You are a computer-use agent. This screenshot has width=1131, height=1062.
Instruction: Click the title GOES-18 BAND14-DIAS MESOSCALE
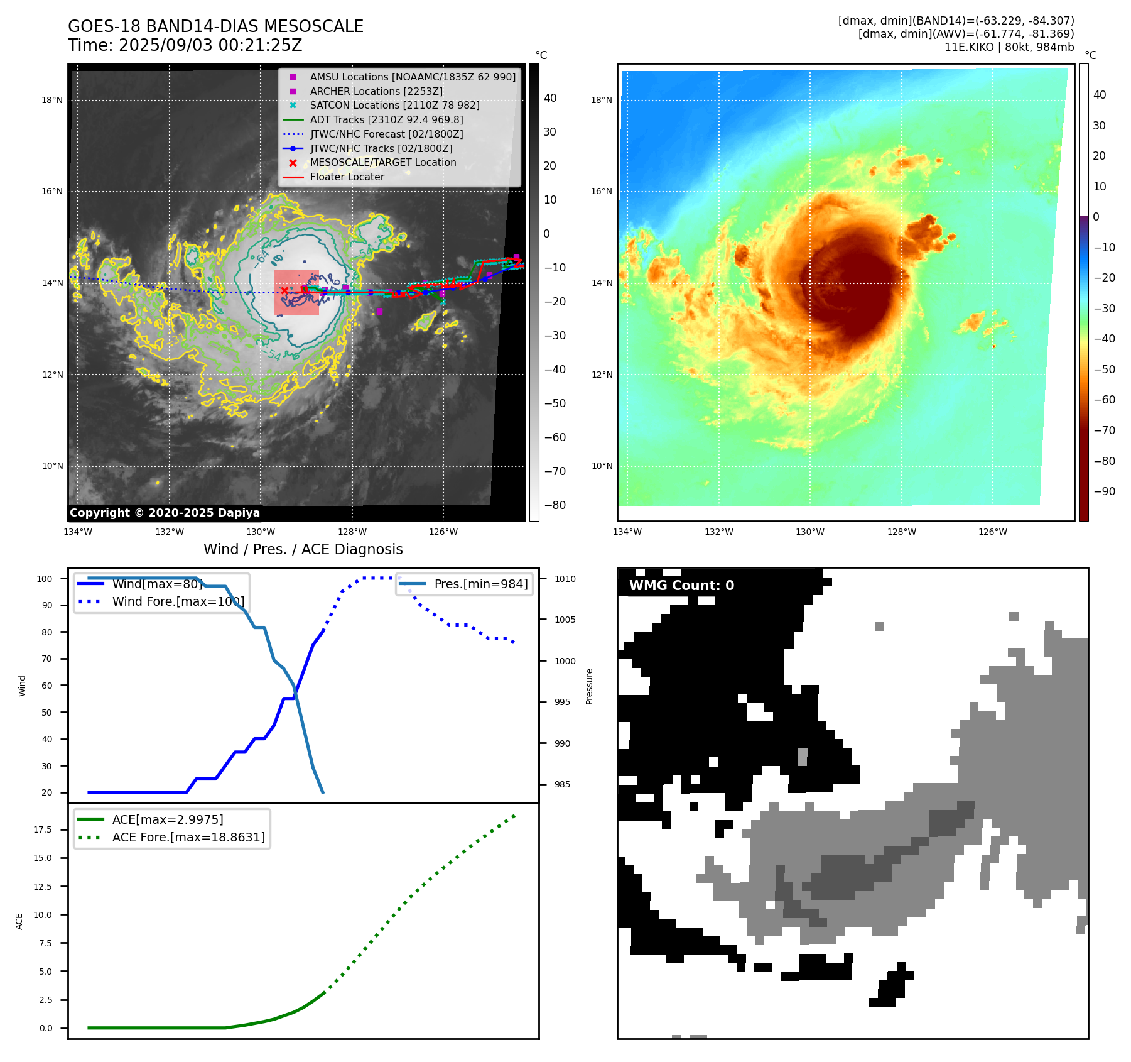point(215,26)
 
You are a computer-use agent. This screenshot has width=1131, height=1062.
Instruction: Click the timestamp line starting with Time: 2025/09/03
point(185,45)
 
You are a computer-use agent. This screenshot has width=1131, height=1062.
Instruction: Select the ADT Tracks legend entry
point(386,119)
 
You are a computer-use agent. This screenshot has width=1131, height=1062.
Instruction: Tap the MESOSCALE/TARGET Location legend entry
point(382,162)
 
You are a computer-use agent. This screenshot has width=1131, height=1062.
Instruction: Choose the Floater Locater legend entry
point(347,177)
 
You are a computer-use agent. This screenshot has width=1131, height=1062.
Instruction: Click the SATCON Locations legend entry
point(394,105)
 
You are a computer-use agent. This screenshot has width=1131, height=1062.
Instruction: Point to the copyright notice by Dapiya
point(165,513)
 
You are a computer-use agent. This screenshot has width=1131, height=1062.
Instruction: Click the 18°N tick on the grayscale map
point(52,100)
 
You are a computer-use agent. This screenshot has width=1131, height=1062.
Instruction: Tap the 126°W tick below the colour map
point(992,532)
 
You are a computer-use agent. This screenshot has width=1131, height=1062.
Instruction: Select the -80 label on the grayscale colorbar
point(555,505)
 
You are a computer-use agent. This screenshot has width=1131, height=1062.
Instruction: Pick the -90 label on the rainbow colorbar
point(1105,491)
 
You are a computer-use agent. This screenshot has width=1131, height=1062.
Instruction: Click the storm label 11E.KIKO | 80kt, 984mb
point(1009,47)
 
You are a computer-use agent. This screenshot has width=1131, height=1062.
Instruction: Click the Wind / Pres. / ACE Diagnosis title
point(303,549)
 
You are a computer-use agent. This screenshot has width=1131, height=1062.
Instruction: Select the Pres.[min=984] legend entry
point(480,584)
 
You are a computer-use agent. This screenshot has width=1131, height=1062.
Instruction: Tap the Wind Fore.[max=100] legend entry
point(178,601)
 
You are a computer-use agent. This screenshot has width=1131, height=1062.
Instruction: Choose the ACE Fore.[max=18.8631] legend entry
point(188,837)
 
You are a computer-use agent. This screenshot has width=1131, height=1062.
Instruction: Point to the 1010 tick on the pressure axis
point(565,579)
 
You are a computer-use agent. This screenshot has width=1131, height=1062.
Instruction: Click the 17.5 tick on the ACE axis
point(43,829)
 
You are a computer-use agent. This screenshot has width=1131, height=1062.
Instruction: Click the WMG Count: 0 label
point(681,586)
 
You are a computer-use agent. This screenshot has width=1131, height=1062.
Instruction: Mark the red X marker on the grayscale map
point(284,290)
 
